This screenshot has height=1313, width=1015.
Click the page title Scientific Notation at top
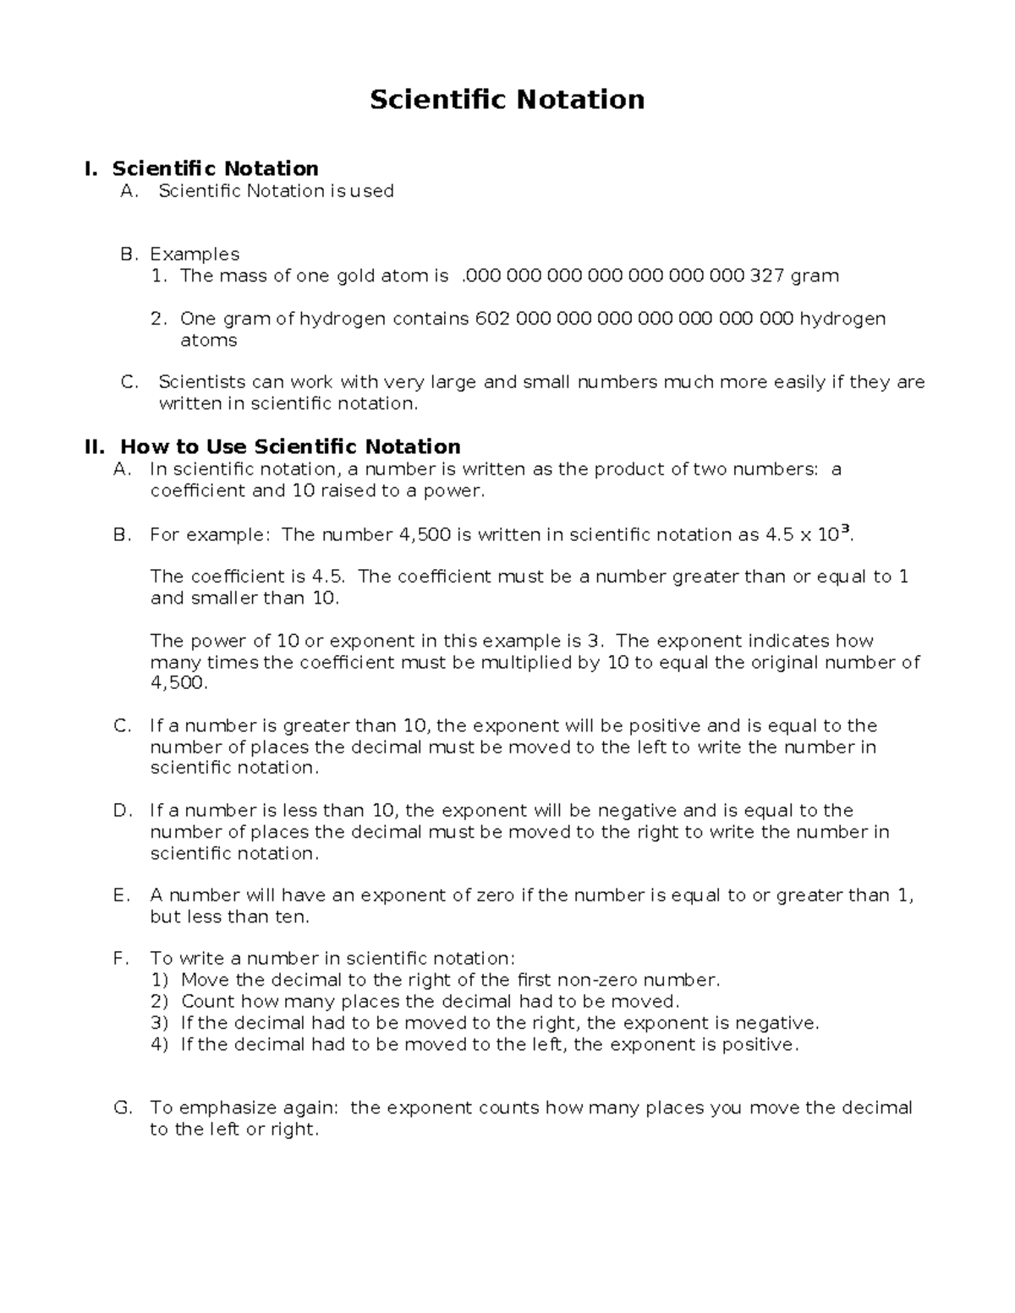tap(507, 100)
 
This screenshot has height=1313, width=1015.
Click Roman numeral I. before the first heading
tap(91, 169)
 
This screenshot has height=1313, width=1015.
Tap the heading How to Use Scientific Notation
tap(290, 446)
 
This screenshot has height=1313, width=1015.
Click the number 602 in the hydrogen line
tap(492, 319)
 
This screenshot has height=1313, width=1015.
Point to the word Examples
tap(195, 254)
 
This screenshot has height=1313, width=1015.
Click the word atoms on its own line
tap(208, 341)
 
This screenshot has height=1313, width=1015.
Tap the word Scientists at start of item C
tap(199, 382)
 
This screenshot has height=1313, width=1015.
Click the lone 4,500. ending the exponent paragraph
tap(178, 683)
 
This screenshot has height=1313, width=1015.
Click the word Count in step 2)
tap(207, 1002)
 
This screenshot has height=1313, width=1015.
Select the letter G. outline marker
tap(123, 1108)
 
